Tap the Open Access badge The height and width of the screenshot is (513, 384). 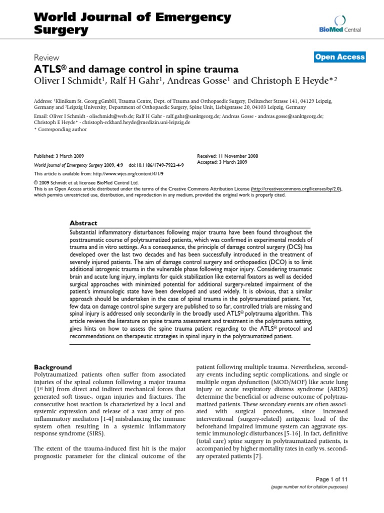click(x=339, y=57)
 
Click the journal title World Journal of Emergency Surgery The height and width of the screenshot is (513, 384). click(x=132, y=24)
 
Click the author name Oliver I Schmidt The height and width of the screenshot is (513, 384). click(x=68, y=81)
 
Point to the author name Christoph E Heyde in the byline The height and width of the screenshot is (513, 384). click(x=290, y=81)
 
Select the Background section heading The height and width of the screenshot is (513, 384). click(x=52, y=367)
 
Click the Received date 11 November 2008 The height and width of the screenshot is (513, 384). click(x=240, y=156)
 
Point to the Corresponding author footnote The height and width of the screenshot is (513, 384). click(x=55, y=129)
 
